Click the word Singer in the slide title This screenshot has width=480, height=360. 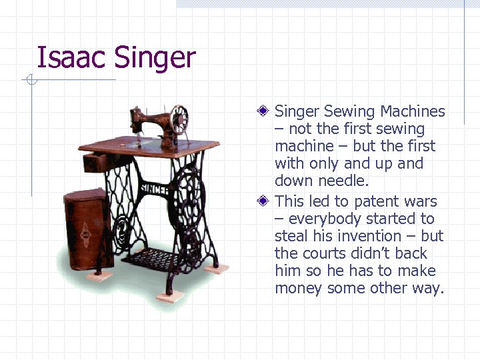pyautogui.click(x=155, y=59)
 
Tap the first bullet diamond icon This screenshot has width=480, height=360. pyautogui.click(x=265, y=111)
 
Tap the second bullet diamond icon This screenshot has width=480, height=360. pyautogui.click(x=265, y=201)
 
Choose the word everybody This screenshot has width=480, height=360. pyautogui.click(x=326, y=219)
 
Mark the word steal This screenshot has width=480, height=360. pyautogui.click(x=291, y=236)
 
